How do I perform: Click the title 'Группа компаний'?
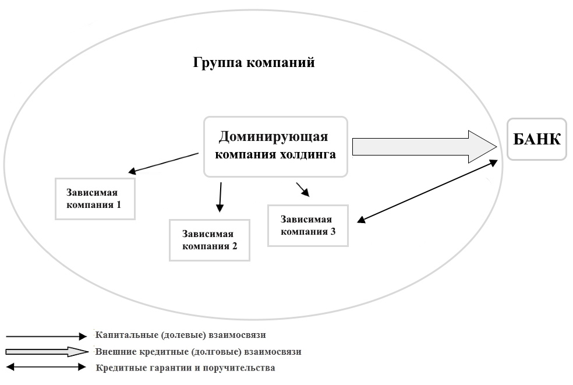coord(254,62)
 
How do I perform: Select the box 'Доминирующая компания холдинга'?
coord(275,146)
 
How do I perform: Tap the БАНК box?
coord(536,139)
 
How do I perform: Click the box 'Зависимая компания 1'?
coord(95,198)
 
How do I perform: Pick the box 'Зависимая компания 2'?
coord(209,240)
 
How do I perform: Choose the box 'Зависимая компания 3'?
coord(308,225)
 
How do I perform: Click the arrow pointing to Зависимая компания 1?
coord(164,163)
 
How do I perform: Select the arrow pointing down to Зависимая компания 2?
coord(220,197)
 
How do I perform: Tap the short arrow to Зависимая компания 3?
coord(302,189)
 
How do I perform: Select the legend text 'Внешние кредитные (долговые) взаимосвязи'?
coord(198,352)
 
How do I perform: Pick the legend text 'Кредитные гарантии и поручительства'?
coord(185,368)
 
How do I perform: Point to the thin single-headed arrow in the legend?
coord(45,336)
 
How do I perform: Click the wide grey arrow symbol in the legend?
coord(45,352)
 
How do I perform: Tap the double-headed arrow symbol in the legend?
coord(45,368)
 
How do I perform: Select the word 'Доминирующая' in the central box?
coord(273,137)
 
